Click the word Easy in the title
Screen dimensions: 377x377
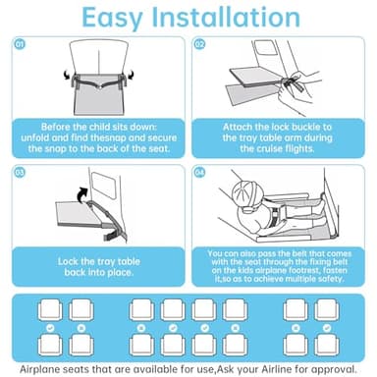(112, 19)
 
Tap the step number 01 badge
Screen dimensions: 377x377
(20, 44)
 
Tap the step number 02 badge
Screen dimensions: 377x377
(199, 44)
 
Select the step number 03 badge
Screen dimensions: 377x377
(20, 172)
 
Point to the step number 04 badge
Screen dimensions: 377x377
(199, 172)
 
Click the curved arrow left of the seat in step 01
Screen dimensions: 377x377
(67, 75)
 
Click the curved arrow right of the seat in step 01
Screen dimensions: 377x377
(131, 75)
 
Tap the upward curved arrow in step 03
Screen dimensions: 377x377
(81, 194)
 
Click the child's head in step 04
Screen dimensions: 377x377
(247, 195)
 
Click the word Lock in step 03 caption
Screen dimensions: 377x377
(68, 261)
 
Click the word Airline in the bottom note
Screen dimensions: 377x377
(276, 369)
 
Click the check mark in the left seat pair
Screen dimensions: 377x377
(50, 328)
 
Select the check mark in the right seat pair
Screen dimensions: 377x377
(327, 328)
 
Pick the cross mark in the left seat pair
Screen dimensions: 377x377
(81, 328)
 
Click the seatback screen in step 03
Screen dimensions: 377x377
(104, 186)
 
